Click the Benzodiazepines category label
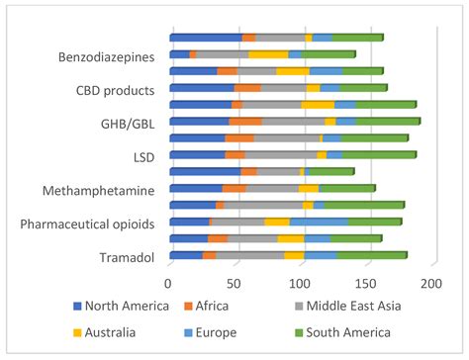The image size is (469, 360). (x=106, y=57)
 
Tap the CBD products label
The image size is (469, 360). (x=116, y=91)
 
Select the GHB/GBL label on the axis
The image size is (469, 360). (x=129, y=124)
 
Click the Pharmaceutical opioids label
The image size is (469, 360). (x=88, y=224)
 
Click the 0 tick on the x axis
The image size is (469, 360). (x=169, y=285)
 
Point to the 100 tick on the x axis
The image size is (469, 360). (x=301, y=285)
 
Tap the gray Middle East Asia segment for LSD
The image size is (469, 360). (x=281, y=154)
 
